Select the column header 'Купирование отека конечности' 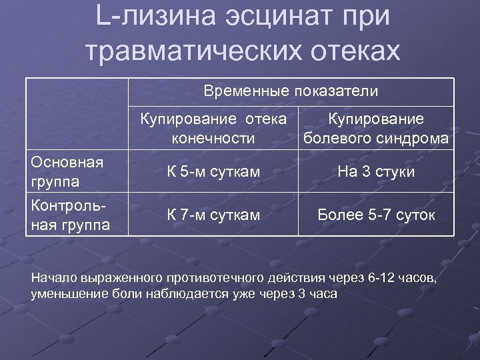coord(213,129)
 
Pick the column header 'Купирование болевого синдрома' coord(376,129)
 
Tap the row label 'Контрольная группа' coord(71,215)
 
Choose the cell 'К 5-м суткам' coord(213,172)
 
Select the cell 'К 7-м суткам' coord(213,215)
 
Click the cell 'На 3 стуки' coord(376,172)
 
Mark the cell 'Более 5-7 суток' coord(376,215)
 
